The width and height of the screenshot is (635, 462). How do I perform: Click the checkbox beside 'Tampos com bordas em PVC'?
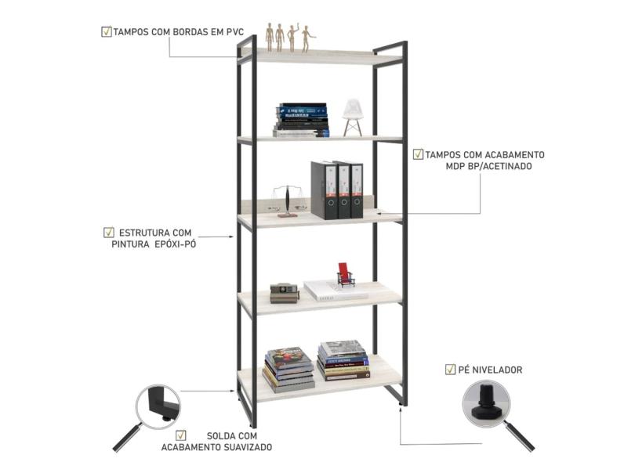(106, 32)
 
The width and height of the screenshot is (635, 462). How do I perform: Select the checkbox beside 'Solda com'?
(181, 435)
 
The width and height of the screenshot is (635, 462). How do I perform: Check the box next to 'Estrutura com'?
(108, 233)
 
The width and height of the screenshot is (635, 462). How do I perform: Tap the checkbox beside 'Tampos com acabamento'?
(418, 155)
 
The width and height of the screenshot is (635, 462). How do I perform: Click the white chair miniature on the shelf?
(352, 118)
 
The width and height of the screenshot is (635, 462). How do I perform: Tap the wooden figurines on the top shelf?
(288, 38)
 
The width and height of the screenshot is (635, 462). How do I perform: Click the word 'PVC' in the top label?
(233, 33)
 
